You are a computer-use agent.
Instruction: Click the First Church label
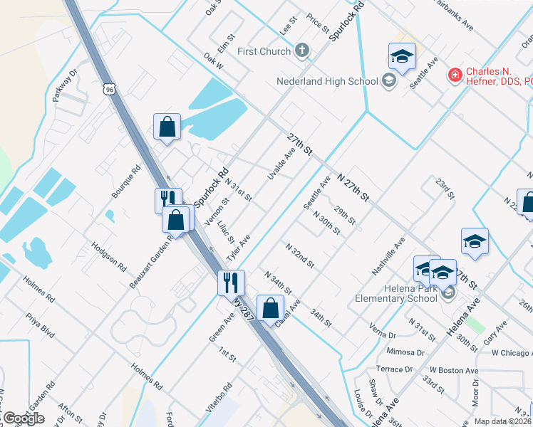pyautogui.click(x=264, y=51)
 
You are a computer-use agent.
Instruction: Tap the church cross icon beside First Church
pyautogui.click(x=302, y=51)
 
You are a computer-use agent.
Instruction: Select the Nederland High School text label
pyautogui.click(x=327, y=81)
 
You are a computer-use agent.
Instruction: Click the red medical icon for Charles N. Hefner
pyautogui.click(x=454, y=74)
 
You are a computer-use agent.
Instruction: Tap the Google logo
pyautogui.click(x=23, y=418)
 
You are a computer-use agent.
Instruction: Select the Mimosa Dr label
pyautogui.click(x=405, y=352)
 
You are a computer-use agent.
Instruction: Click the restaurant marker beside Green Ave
pyautogui.click(x=231, y=283)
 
